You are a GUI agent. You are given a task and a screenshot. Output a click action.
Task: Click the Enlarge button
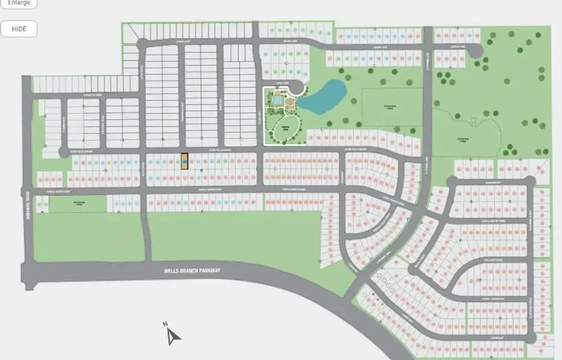pos(18,3)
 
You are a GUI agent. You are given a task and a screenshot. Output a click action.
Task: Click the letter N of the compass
pos(165,325)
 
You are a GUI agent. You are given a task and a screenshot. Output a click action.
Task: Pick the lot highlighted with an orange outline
pos(184,162)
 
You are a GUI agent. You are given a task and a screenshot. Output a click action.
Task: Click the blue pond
pos(323,96)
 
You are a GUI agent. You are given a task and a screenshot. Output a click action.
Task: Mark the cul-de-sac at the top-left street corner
pos(142,44)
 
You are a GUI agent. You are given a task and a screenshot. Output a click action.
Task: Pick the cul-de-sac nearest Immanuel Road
pos(64,152)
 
